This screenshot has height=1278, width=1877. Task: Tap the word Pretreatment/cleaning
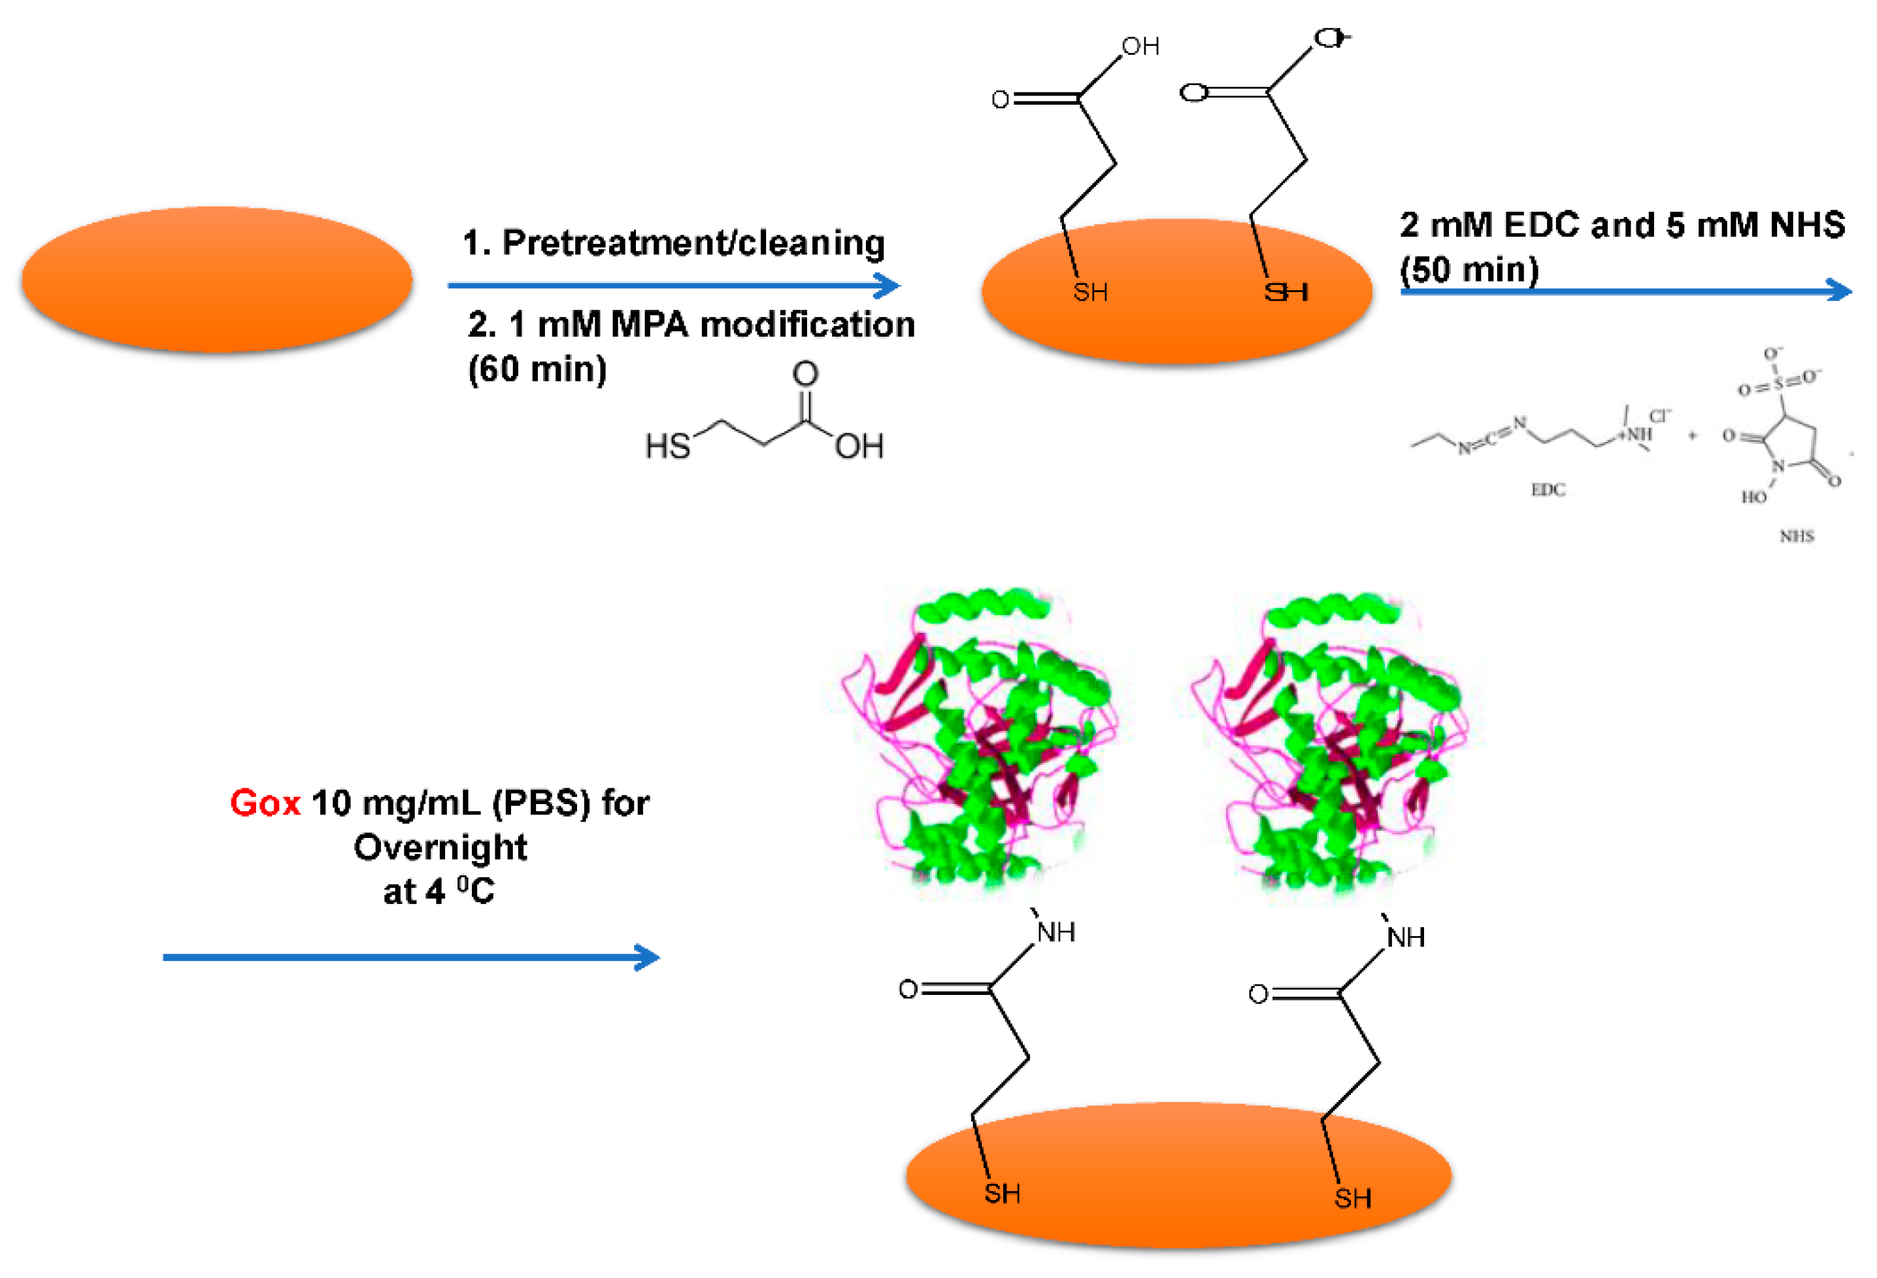693,243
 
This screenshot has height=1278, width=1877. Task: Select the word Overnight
440,847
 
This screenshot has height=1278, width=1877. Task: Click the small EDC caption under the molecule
1548,490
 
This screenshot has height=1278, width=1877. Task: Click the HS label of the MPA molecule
667,446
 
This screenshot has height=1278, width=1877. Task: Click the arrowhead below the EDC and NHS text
1840,291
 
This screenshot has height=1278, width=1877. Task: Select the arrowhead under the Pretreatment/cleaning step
888,285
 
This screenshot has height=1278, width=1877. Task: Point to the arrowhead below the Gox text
648,957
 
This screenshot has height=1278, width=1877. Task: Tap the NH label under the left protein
1055,932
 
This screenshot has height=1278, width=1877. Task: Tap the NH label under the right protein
1405,937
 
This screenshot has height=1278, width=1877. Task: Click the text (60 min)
537,369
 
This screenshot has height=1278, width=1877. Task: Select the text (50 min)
1469,270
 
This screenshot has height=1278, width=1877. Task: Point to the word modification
807,325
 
